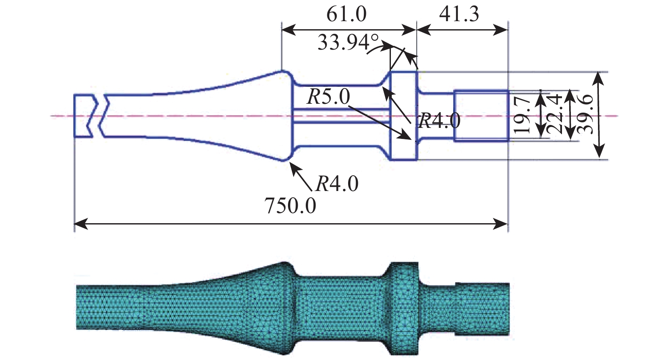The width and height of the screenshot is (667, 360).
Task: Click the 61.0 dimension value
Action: pyautogui.click(x=346, y=14)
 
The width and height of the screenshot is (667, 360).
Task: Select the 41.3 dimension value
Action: pyautogui.click(x=459, y=14)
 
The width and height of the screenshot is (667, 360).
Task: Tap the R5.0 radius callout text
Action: pyautogui.click(x=329, y=97)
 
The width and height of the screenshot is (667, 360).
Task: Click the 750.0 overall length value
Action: pyautogui.click(x=291, y=205)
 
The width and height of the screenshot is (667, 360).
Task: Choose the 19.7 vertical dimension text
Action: pyautogui.click(x=522, y=116)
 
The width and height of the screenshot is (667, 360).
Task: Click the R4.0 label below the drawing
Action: pyautogui.click(x=337, y=184)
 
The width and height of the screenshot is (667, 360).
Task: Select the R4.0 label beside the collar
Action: pyautogui.click(x=440, y=121)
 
